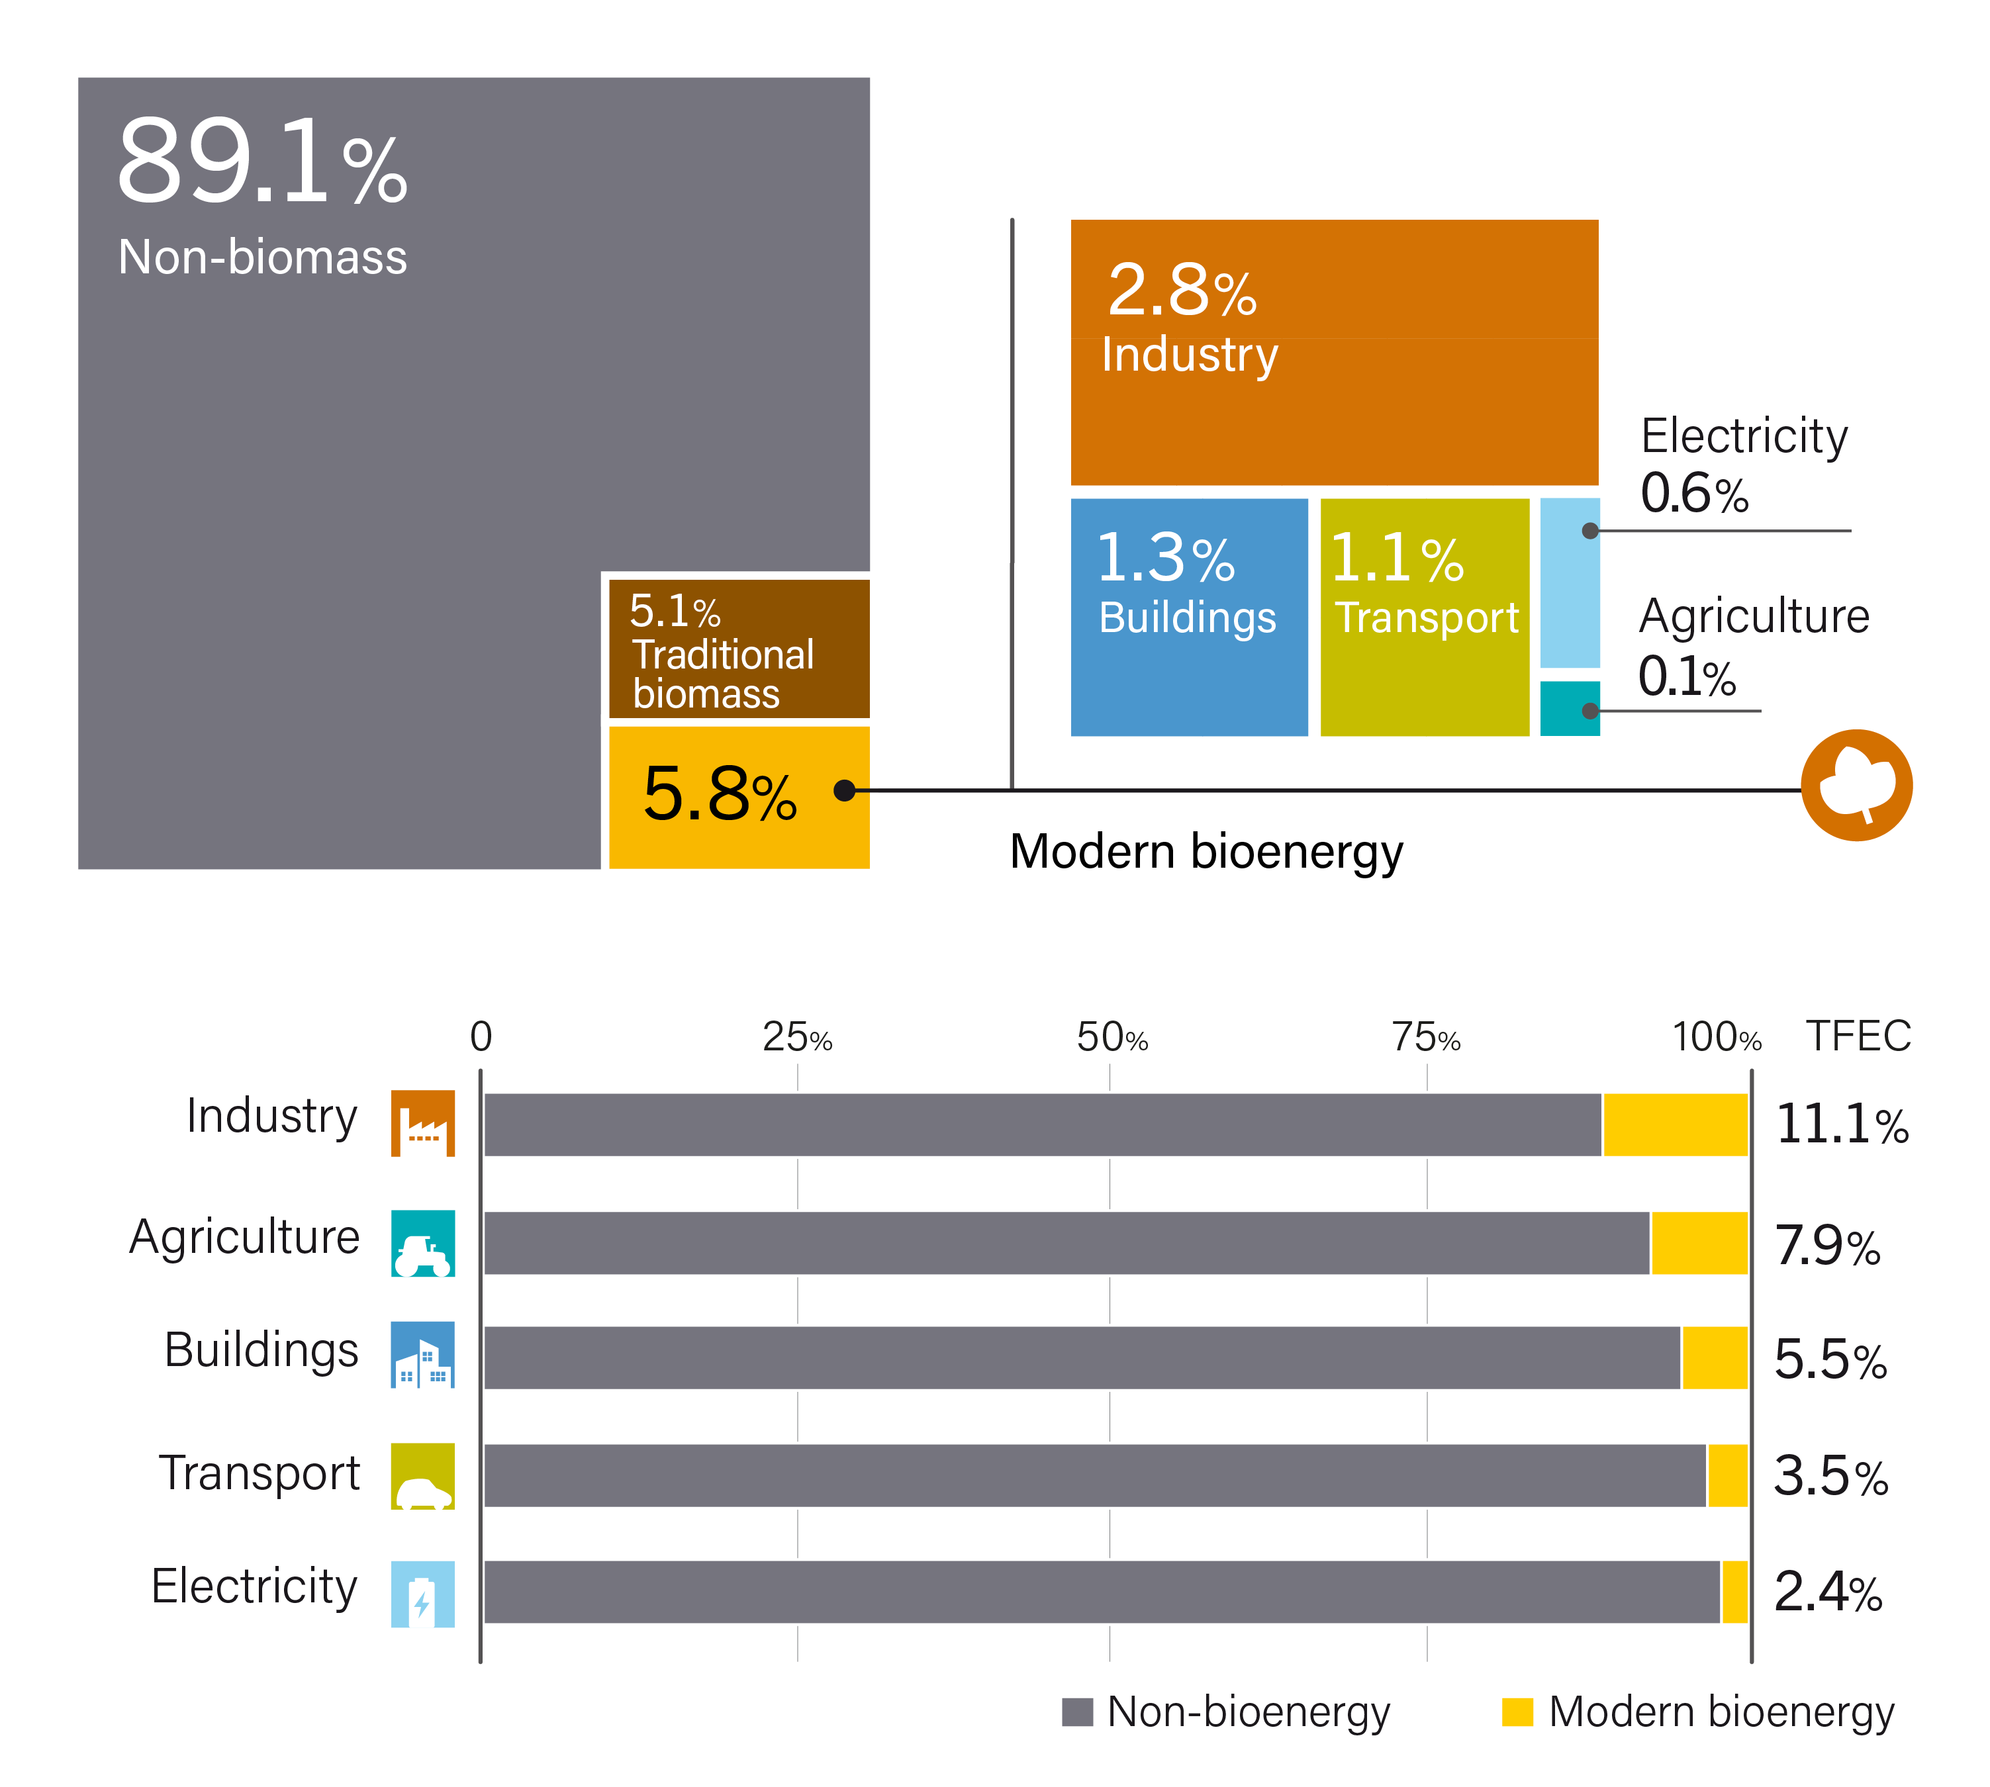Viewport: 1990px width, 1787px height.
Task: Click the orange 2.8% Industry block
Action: (x=1333, y=351)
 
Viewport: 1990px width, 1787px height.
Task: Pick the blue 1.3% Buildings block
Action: (x=1188, y=617)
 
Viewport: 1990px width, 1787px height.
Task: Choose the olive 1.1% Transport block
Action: (x=1424, y=617)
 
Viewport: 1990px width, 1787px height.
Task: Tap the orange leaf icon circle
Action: (x=1856, y=786)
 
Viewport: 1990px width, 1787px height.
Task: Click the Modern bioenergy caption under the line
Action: (x=1206, y=851)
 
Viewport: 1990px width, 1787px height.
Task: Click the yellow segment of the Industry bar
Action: (x=1675, y=1125)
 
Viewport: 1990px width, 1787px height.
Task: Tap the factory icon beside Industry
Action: (x=422, y=1123)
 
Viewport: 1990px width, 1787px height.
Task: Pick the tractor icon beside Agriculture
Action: (x=422, y=1243)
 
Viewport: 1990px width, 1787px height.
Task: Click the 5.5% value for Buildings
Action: (x=1830, y=1360)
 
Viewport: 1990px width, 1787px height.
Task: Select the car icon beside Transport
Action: (x=422, y=1476)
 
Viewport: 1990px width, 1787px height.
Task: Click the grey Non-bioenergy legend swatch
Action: (x=1076, y=1712)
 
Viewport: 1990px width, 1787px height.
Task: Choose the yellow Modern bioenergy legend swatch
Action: (x=1517, y=1712)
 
